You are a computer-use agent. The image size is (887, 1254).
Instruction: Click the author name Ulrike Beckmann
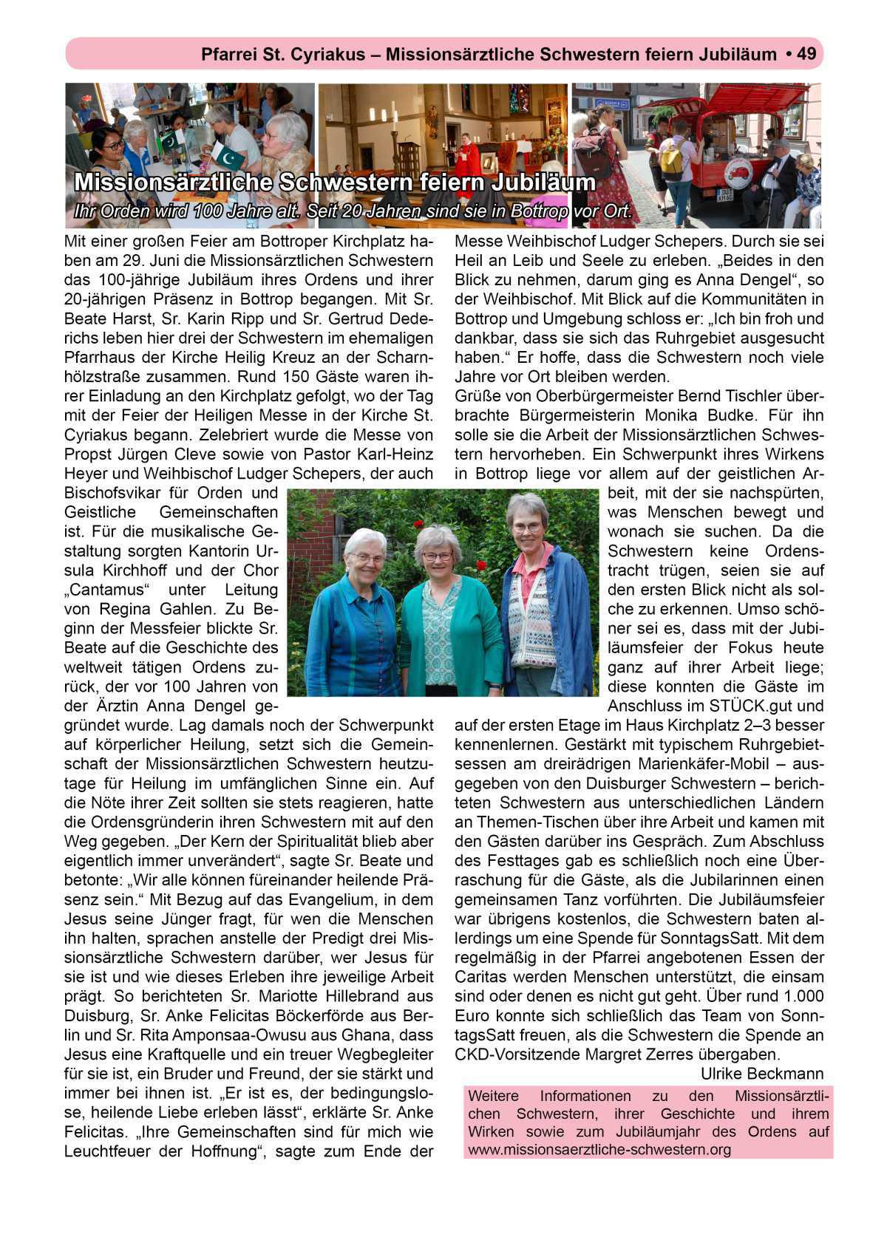click(x=761, y=1073)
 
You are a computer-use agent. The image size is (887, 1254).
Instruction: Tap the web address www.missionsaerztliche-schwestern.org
click(x=599, y=1149)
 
